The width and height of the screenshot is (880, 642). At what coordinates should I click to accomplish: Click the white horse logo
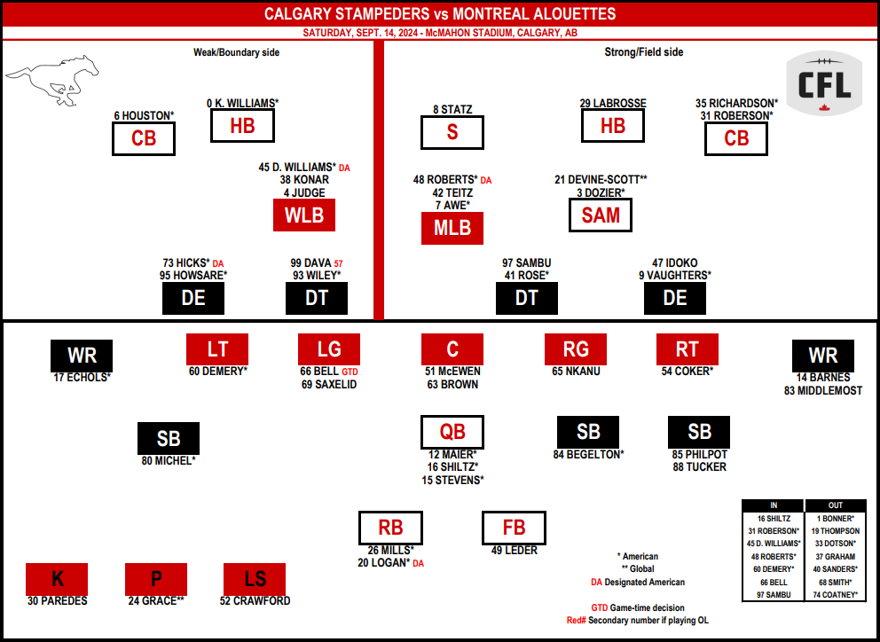52,80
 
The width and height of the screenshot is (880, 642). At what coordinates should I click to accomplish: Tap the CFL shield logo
824,83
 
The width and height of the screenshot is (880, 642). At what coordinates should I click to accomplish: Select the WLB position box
304,215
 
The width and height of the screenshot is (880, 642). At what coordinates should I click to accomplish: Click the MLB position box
452,228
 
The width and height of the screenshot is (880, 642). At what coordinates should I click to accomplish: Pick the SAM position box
601,215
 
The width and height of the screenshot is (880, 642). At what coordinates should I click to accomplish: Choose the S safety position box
452,132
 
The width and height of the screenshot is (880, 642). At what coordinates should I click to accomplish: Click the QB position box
452,432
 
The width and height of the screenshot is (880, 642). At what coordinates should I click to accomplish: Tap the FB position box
515,528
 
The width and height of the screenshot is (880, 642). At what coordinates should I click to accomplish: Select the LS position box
255,579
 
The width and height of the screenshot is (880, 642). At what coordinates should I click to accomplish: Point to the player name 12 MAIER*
452,455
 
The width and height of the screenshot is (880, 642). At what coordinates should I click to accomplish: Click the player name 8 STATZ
452,109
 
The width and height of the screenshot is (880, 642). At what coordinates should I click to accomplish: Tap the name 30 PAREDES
58,601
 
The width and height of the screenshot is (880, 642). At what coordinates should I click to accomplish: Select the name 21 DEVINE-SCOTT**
601,180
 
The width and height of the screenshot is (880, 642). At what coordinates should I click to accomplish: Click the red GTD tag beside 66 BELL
350,372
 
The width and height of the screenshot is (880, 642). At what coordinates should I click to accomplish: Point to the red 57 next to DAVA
338,263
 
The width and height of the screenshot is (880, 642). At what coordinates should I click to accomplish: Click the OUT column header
836,505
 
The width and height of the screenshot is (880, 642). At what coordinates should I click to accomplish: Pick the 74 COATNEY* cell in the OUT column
836,595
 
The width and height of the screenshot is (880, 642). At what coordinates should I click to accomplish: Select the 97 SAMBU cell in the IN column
774,595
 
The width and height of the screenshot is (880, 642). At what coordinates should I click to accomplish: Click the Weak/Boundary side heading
236,52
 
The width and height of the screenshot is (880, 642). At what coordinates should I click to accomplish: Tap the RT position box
687,349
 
